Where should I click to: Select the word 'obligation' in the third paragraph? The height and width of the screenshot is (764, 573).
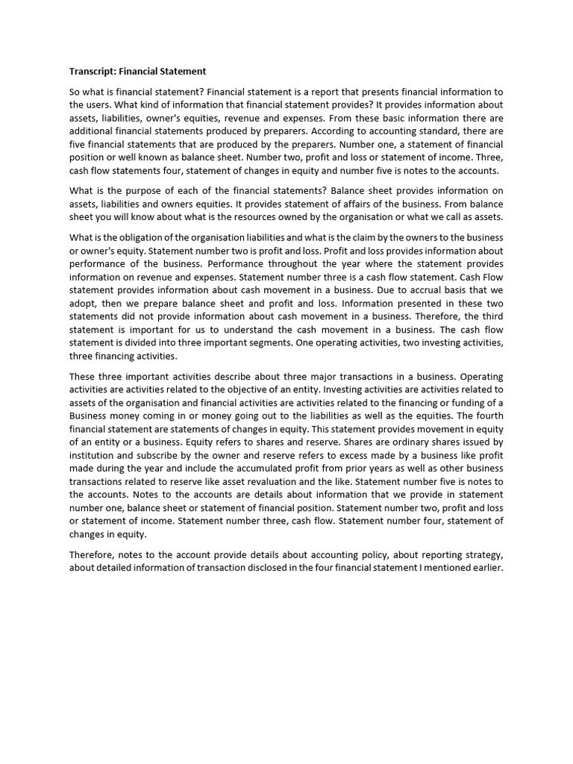point(137,238)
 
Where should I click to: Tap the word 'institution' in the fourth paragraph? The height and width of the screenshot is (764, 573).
point(93,455)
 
